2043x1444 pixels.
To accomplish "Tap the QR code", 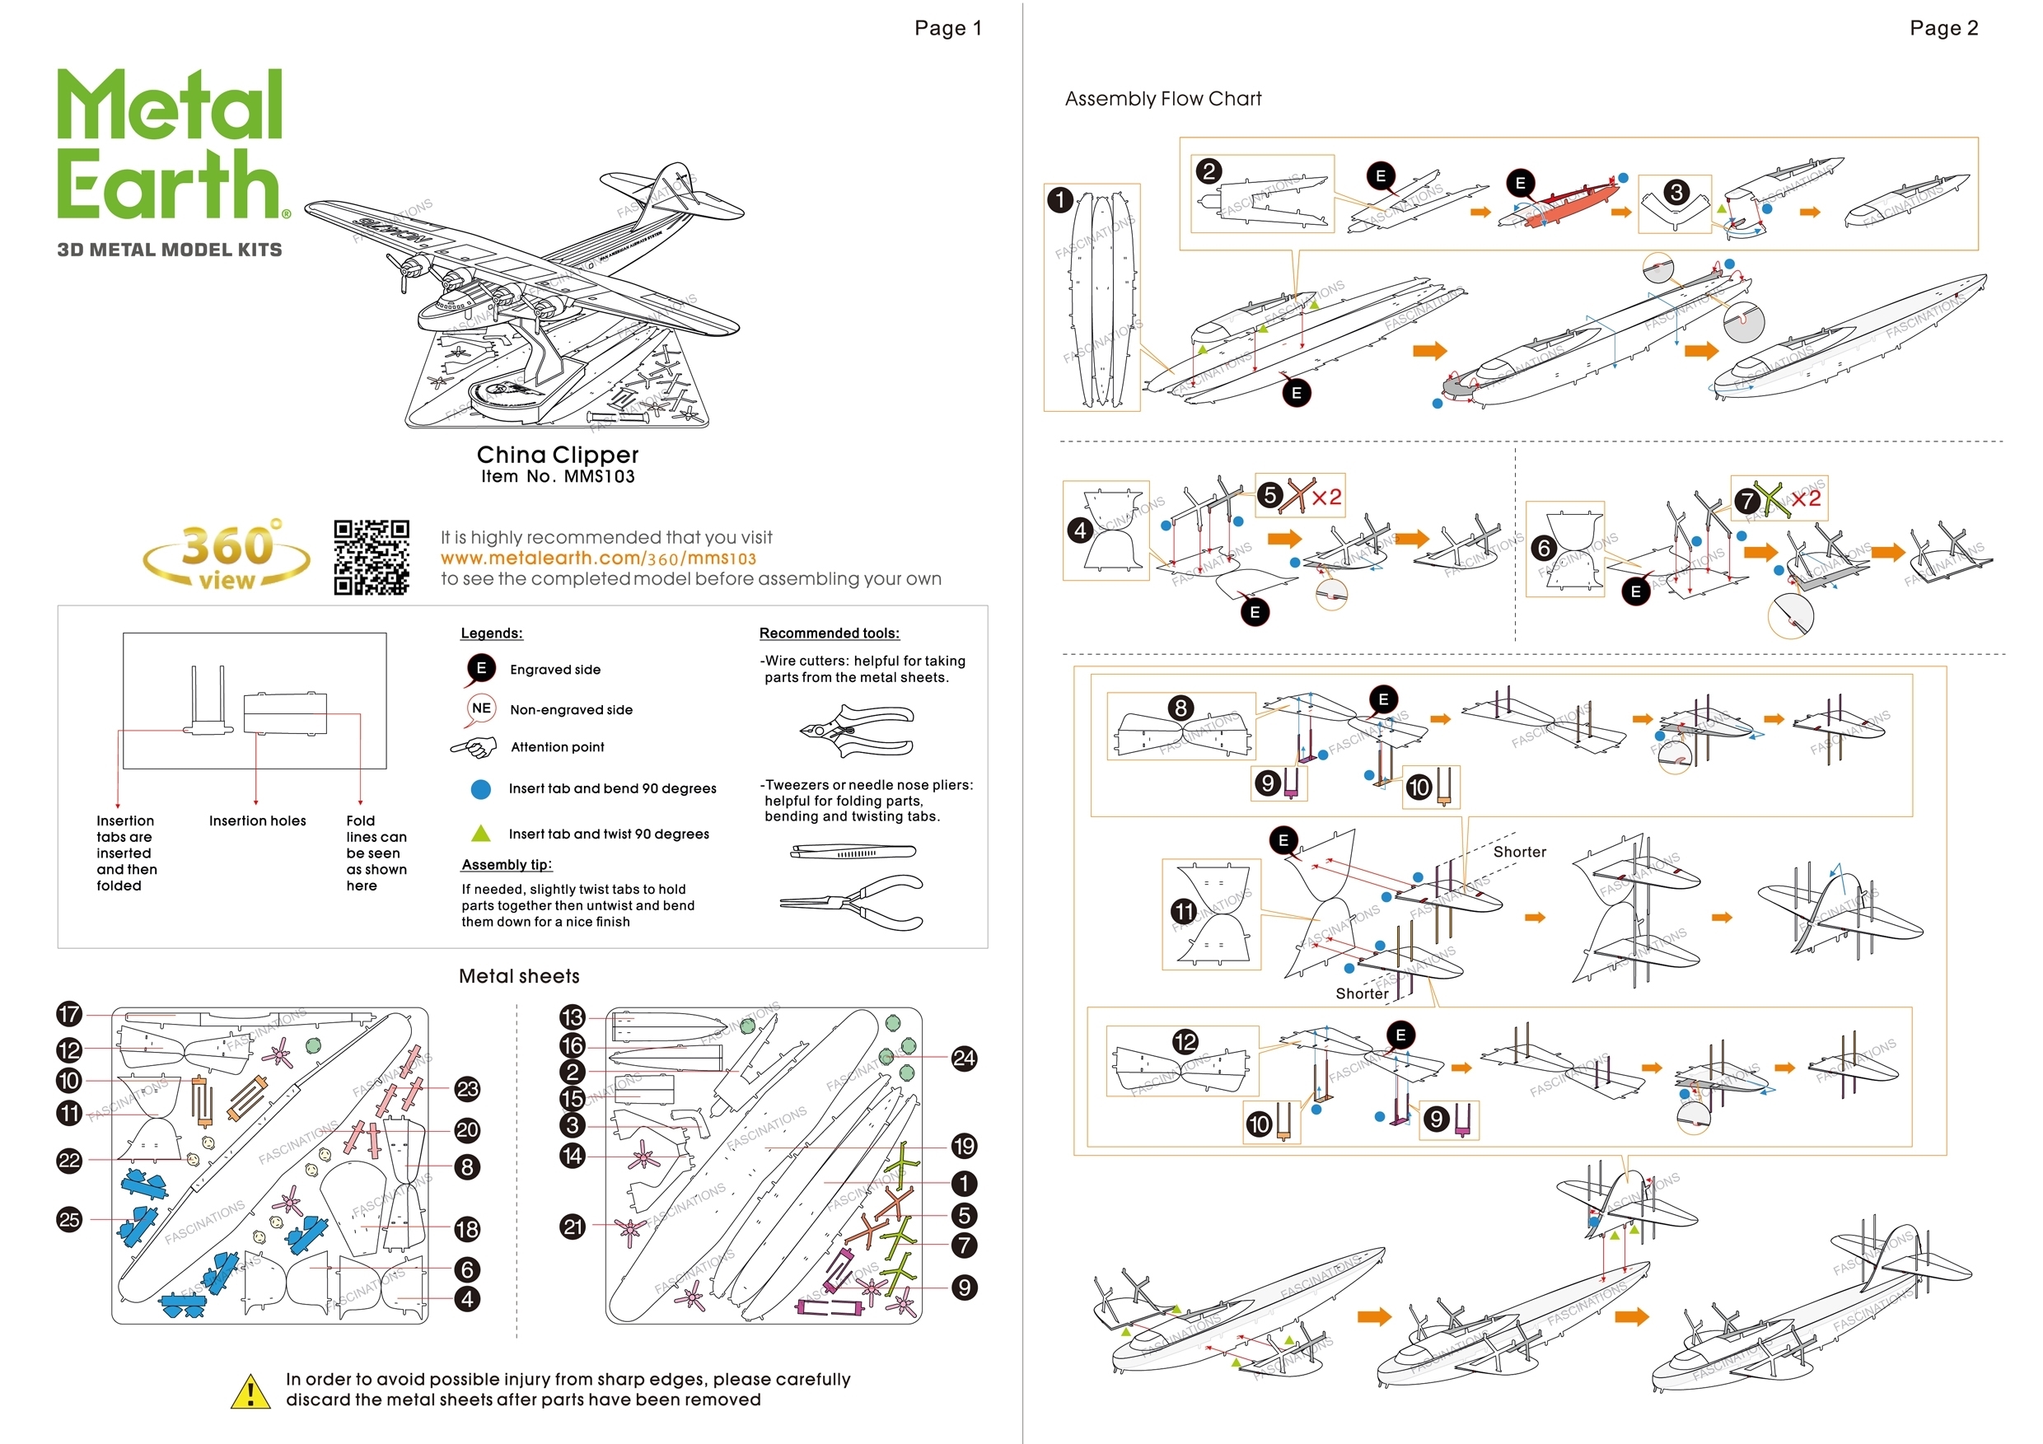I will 371,557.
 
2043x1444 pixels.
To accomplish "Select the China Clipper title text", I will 557,455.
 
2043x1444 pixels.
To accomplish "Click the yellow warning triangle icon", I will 250,1391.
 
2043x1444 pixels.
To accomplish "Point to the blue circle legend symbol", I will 480,789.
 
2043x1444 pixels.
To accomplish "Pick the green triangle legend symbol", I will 480,834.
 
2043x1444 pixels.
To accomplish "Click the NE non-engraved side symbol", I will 480,709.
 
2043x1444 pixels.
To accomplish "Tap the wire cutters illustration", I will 856,731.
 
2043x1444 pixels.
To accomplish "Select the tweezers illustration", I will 853,852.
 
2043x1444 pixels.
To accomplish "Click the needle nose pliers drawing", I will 852,902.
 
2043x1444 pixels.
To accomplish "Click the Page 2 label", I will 1943,29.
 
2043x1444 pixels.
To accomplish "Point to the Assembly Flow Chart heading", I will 1162,99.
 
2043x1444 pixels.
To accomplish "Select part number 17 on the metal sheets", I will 69,1013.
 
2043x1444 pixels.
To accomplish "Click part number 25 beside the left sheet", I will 69,1219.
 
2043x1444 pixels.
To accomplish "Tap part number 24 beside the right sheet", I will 964,1058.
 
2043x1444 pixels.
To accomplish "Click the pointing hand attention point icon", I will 475,747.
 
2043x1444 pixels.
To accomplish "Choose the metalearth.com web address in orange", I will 598,558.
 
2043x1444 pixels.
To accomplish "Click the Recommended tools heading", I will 829,633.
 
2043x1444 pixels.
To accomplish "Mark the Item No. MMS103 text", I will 558,477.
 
